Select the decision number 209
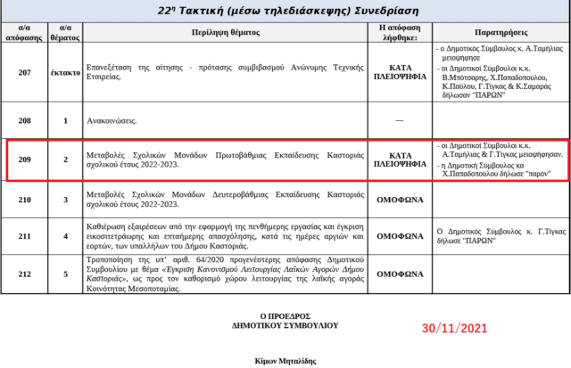[x=24, y=159]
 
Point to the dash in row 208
[x=399, y=118]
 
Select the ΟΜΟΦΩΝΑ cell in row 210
[x=399, y=200]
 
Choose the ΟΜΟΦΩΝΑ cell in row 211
[x=399, y=235]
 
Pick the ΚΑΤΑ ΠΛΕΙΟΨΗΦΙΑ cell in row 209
[x=399, y=159]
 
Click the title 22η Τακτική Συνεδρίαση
[x=285, y=9]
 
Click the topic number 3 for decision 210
[x=65, y=200]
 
